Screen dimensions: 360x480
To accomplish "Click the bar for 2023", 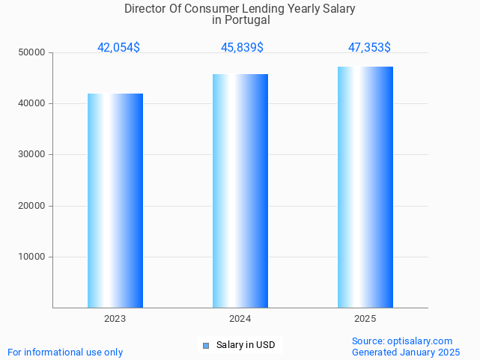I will click(115, 201).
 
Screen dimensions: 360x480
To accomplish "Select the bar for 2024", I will click(240, 191).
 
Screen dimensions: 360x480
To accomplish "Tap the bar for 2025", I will click(365, 187).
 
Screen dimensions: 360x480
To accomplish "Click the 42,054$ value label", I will click(118, 48).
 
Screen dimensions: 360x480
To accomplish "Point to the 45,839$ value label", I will click(242, 48).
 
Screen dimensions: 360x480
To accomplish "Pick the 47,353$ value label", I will click(369, 48).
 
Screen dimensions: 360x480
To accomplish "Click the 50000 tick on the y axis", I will click(32, 53).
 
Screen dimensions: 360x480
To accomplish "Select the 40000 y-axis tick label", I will click(32, 104).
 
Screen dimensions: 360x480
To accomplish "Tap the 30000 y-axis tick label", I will click(32, 155).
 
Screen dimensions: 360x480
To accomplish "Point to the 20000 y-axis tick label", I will click(32, 206).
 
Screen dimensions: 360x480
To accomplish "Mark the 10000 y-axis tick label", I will click(32, 257).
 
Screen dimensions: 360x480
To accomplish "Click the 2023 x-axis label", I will click(115, 319).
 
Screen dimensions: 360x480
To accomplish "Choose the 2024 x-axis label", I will click(240, 319).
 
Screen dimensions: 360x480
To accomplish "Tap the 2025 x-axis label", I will click(365, 319).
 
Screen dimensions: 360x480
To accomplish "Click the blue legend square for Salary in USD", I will click(206, 345).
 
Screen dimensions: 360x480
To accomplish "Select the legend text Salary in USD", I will click(246, 345).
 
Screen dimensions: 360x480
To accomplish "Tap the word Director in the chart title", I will click(144, 9).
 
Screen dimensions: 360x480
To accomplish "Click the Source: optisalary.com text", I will click(402, 341).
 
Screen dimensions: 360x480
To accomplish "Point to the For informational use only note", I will click(65, 353).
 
